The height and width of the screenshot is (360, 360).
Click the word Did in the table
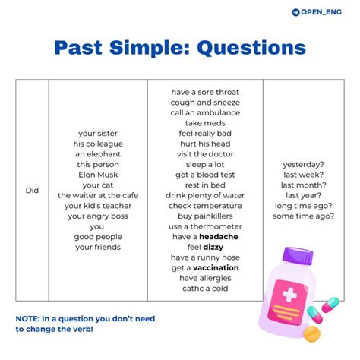pyautogui.click(x=32, y=191)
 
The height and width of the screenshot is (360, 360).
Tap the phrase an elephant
pyautogui.click(x=98, y=153)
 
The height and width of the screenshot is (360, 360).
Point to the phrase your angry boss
pyautogui.click(x=98, y=216)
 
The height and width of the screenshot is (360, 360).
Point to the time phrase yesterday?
pyautogui.click(x=304, y=164)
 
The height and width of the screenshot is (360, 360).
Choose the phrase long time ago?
pyautogui.click(x=304, y=205)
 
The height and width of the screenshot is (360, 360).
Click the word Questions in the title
pyautogui.click(x=251, y=48)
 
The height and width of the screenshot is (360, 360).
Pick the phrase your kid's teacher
pyautogui.click(x=98, y=205)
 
